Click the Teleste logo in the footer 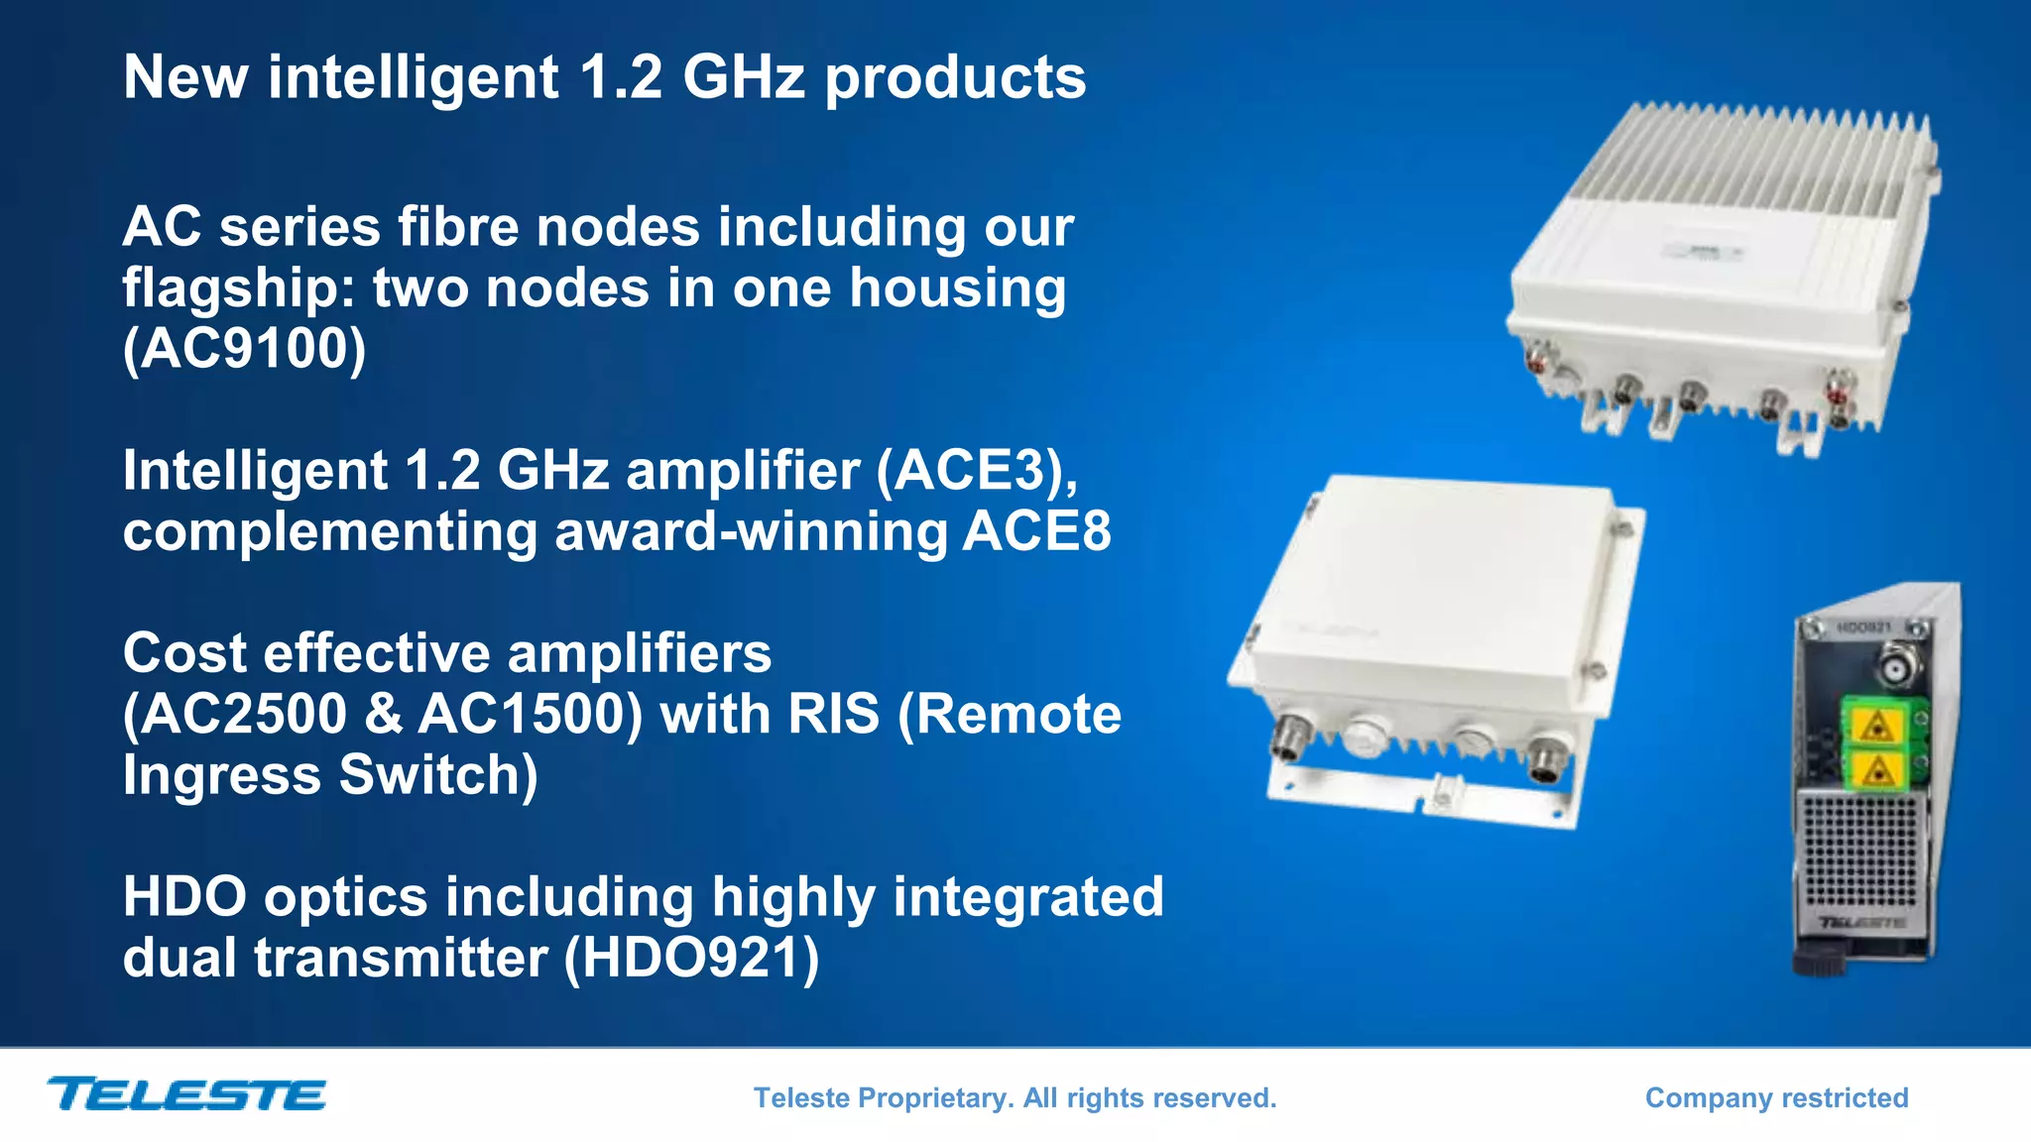pos(186,1094)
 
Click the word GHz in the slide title pos(744,77)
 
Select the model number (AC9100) pos(245,349)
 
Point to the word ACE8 pos(1036,531)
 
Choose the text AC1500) pos(531,715)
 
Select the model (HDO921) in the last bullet pos(691,959)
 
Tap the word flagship pos(238,289)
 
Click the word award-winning pos(751,531)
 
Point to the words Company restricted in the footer pos(1776,1097)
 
